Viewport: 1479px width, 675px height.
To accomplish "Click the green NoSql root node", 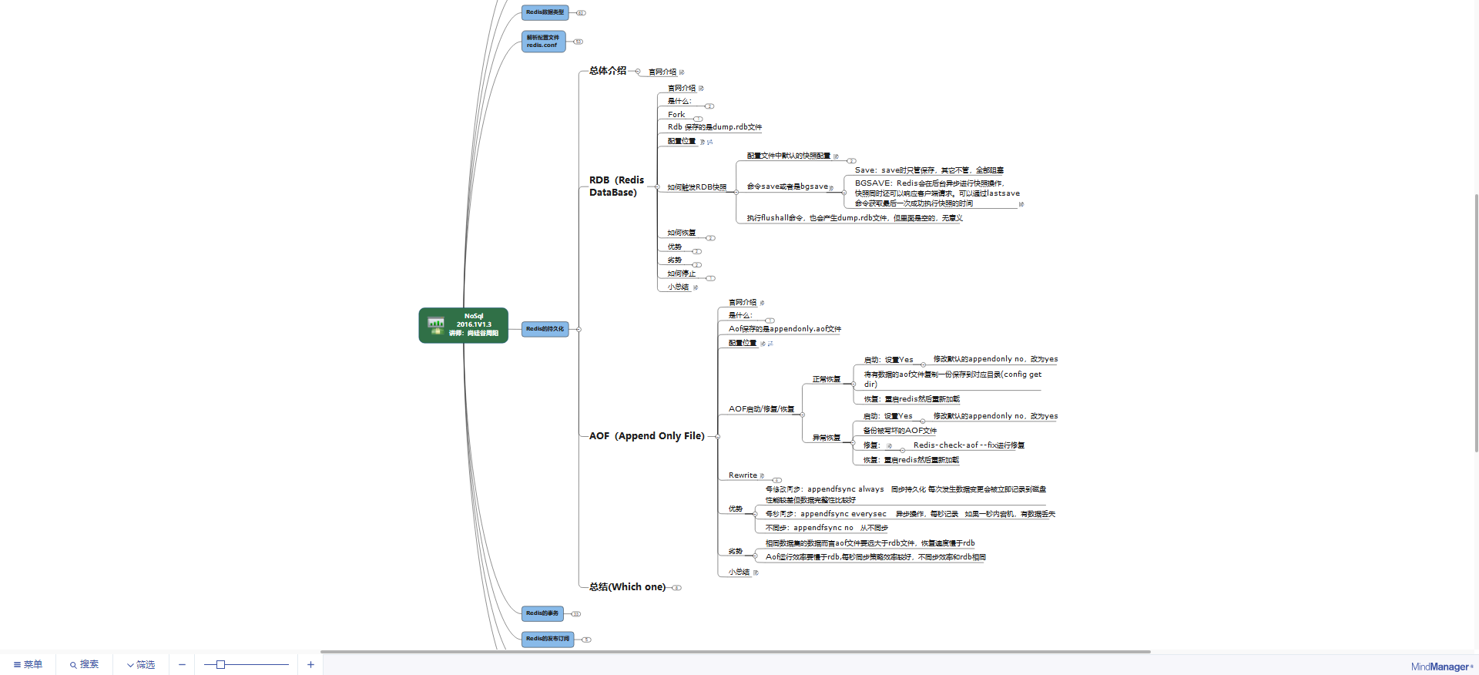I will coord(463,325).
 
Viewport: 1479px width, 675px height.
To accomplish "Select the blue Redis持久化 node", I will coord(545,329).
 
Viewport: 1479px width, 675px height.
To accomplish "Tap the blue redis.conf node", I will coord(543,42).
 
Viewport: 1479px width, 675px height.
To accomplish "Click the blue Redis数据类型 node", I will coord(545,12).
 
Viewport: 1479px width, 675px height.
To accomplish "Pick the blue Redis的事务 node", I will coord(542,613).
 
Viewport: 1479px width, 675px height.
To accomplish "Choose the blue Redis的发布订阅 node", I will coord(548,639).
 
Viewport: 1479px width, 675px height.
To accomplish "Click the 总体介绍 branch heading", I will coord(608,71).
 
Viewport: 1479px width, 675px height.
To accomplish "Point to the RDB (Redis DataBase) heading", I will coord(616,186).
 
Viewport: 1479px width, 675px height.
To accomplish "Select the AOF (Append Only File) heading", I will coord(646,436).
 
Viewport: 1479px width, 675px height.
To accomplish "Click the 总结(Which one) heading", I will coord(627,587).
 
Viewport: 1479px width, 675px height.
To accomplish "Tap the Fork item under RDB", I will coord(676,115).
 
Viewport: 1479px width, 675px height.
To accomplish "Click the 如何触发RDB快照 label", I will coord(696,187).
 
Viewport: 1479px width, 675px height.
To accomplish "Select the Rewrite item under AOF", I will coord(743,475).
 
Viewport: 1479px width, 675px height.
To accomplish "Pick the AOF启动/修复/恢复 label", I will coord(761,409).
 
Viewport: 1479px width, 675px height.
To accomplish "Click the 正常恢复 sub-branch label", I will coord(826,379).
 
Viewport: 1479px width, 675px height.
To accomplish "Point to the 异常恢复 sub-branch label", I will coord(826,438).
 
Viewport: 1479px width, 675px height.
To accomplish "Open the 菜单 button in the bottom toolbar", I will coord(29,664).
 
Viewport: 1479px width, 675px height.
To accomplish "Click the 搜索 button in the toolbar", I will coord(84,664).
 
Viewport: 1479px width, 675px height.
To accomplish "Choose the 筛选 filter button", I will coord(141,664).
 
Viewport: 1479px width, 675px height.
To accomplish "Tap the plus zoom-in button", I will coord(310,664).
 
